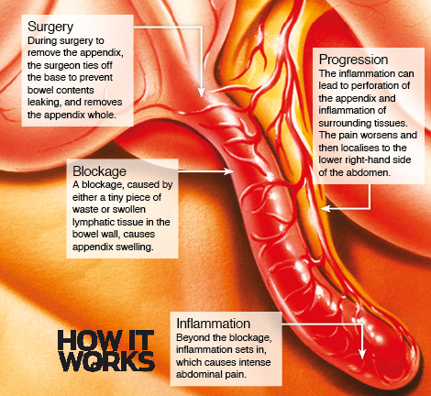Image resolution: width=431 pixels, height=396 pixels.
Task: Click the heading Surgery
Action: coord(50,27)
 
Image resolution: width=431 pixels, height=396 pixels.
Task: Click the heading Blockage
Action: coord(99,171)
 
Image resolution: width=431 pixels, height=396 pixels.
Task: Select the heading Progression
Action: coord(354,60)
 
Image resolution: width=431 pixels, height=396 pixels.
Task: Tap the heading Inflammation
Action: coord(214,324)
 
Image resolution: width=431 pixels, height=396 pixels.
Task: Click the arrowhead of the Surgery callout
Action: coord(201,93)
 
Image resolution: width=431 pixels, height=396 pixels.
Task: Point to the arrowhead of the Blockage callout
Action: coord(228,171)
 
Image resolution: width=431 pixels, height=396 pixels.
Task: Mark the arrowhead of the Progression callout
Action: coord(326,208)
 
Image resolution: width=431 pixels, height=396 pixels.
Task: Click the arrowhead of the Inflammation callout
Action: coord(362,354)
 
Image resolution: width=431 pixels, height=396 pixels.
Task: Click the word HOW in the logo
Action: coord(87,340)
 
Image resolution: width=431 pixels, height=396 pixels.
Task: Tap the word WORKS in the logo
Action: coord(107,361)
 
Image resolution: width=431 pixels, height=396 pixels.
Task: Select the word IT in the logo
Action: coord(138,340)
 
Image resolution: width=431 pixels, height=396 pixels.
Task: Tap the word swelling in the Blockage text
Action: coord(135,247)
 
